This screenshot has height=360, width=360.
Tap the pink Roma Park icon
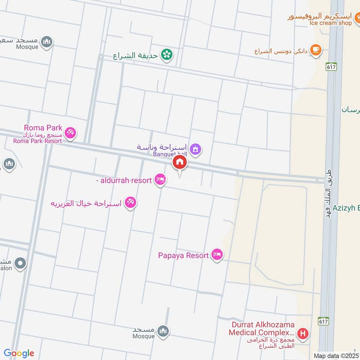(70, 133)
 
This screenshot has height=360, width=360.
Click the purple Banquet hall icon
(195, 148)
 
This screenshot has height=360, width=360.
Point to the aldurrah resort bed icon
(159, 180)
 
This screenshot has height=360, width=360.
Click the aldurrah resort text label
(124, 180)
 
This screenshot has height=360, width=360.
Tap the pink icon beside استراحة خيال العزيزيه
(130, 202)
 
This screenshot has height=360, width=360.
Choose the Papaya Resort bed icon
(217, 255)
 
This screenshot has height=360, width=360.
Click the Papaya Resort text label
(183, 256)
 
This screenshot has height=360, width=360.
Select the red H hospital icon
(304, 334)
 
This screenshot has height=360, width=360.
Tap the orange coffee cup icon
(316, 50)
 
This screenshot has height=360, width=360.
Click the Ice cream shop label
(330, 23)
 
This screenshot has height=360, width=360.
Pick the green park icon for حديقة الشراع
(167, 55)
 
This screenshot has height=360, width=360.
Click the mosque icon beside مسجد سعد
(46, 42)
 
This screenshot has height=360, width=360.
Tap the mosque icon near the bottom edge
(163, 331)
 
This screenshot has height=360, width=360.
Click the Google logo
(19, 353)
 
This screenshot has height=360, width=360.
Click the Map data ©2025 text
(337, 356)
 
